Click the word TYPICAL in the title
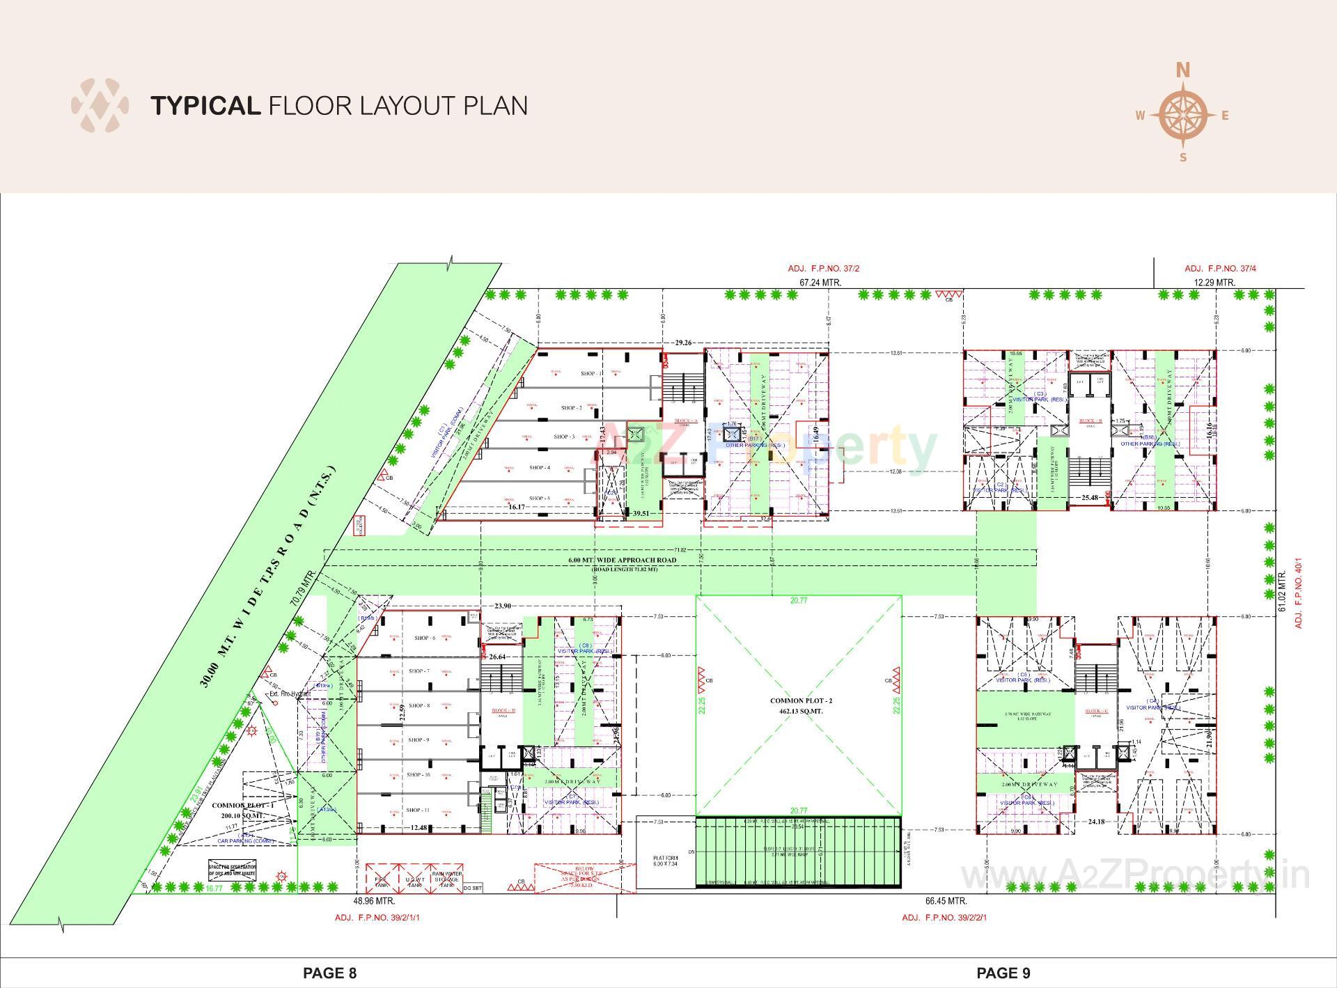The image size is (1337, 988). pos(205,106)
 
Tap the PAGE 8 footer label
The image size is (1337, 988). pos(329,973)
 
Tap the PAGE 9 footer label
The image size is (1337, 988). pos(1003,973)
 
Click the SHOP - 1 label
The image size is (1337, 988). pos(592,374)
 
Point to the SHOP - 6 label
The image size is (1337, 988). pos(425,638)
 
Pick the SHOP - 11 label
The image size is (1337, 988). pos(419,810)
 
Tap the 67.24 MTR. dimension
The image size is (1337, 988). pos(820,283)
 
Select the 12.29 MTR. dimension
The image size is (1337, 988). pos(1214,283)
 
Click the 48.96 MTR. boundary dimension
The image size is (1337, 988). pos(375,901)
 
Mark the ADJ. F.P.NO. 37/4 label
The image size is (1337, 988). pos(1221,268)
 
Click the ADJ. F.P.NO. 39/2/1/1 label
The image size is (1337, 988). pos(377,918)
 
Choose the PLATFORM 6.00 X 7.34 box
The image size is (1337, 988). pos(659,861)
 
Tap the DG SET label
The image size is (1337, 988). pos(472,888)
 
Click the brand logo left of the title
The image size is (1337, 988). pos(100,106)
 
